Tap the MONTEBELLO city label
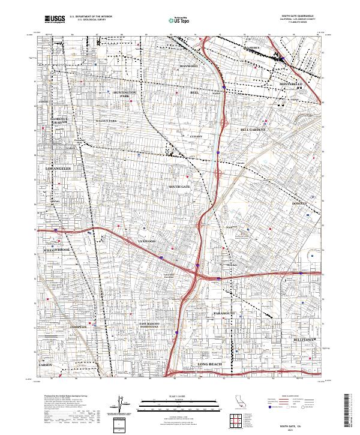pos(293,83)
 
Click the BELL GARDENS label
pos(253,130)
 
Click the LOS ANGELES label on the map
pos(59,169)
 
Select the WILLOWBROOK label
pos(56,250)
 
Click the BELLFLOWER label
pos(304,340)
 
